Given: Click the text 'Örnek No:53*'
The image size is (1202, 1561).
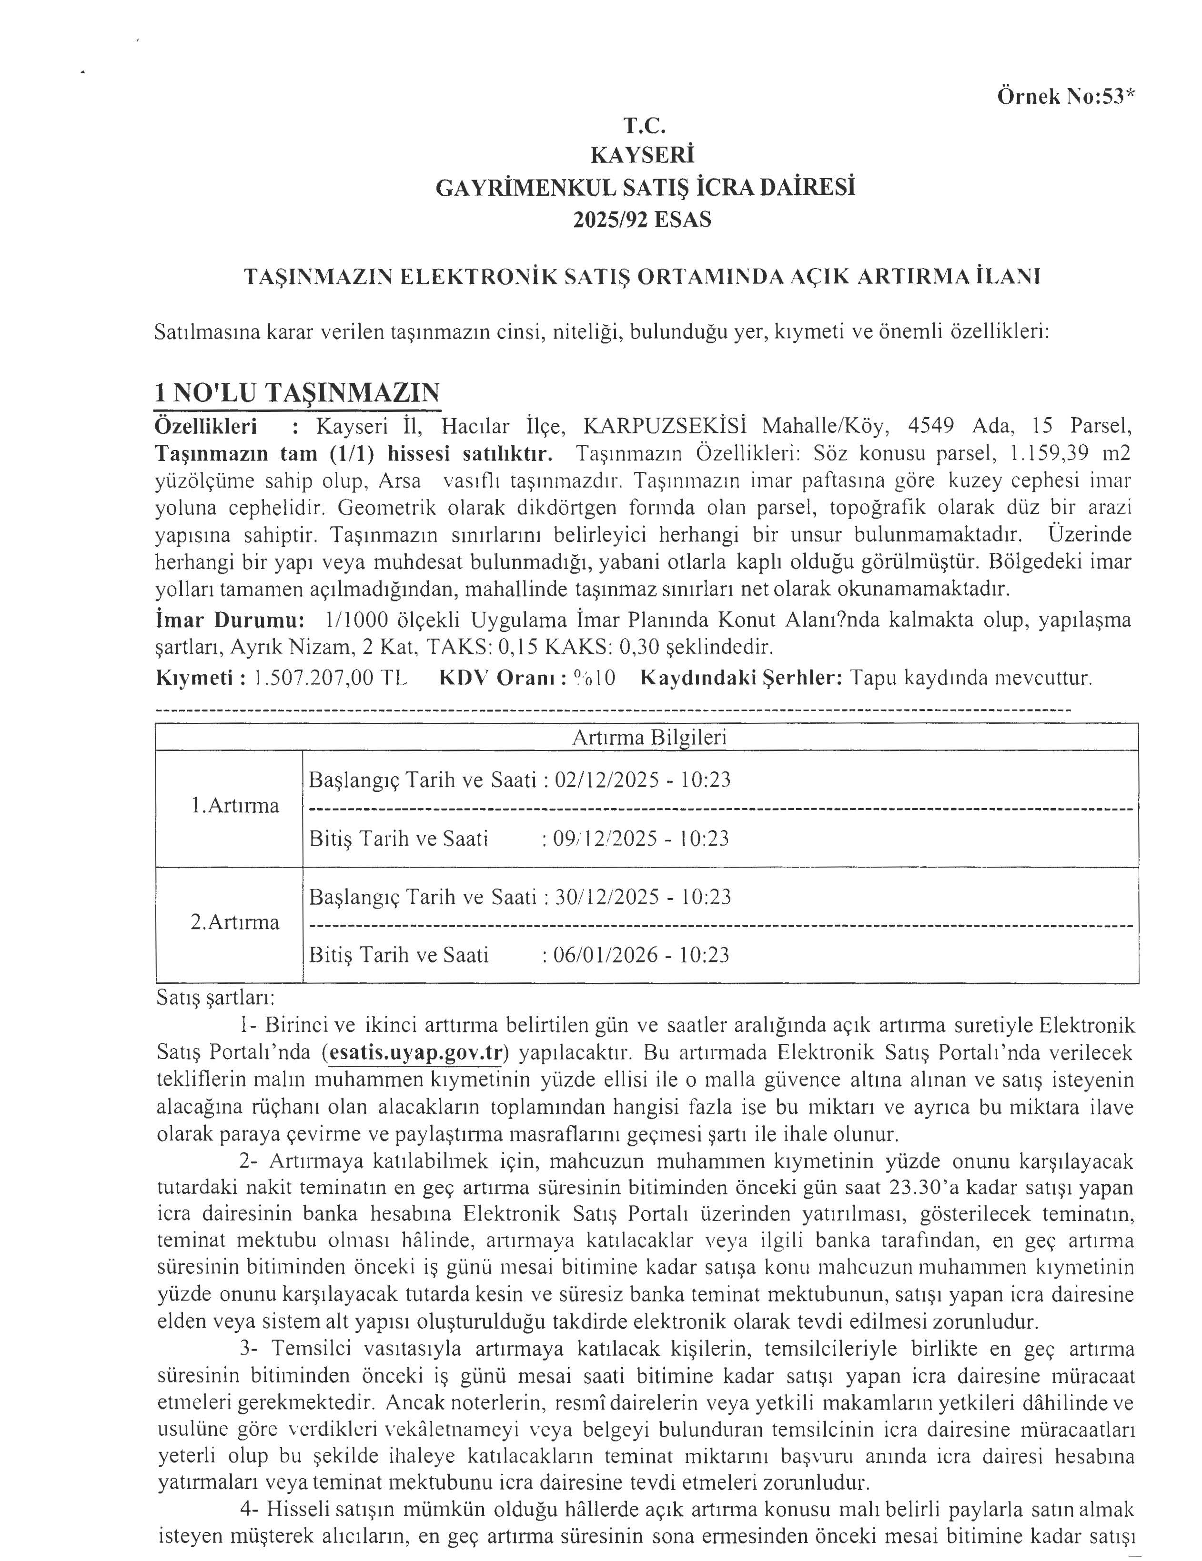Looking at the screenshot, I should point(1065,97).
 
